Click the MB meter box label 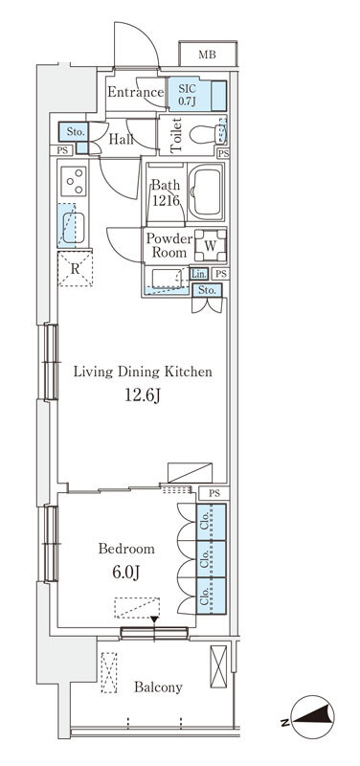[x=207, y=55]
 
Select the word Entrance [x=135, y=92]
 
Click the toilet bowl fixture [x=208, y=134]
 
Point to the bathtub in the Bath [x=206, y=192]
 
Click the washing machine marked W [x=210, y=246]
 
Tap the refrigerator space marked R [x=75, y=268]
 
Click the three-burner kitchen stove [x=75, y=181]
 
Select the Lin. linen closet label [x=199, y=274]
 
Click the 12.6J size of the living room [x=143, y=394]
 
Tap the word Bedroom [x=126, y=549]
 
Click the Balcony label [x=158, y=687]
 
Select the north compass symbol [x=311, y=717]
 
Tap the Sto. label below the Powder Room [x=207, y=290]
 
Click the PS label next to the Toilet [x=223, y=153]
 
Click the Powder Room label [x=169, y=246]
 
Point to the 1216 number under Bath [x=165, y=200]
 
